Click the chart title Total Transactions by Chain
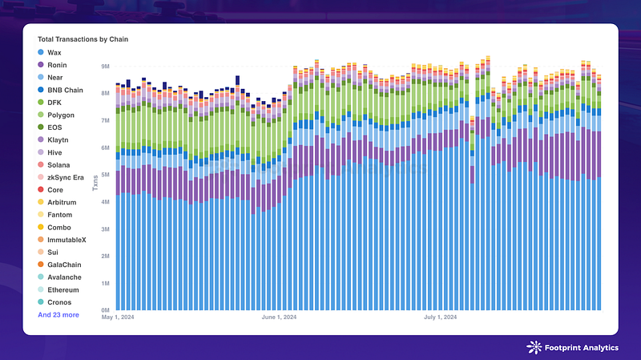point(83,38)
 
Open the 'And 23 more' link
point(58,315)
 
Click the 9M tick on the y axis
point(104,67)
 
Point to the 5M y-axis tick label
point(104,175)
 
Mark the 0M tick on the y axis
point(104,310)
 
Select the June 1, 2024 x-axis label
point(280,318)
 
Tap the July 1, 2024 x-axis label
point(440,318)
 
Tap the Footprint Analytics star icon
point(534,346)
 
